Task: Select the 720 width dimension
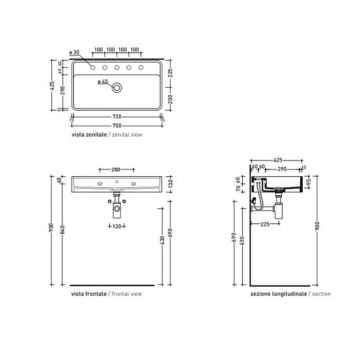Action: (117, 116)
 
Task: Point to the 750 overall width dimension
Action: (117, 125)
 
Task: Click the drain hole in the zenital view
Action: (117, 87)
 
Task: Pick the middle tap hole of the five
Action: (117, 67)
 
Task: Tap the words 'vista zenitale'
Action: (89, 134)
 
